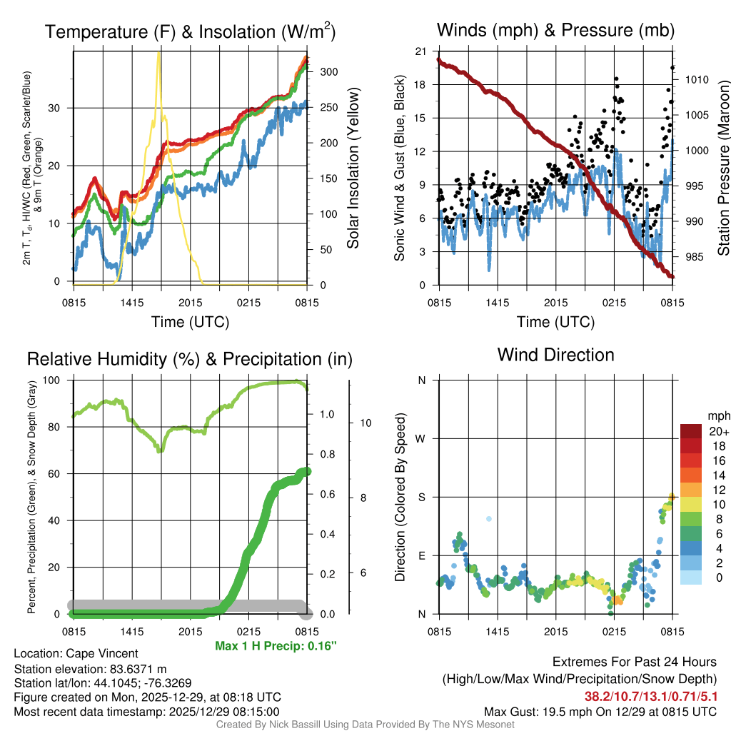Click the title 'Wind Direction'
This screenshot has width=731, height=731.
[x=555, y=355]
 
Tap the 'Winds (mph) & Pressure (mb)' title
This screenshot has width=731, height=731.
[x=555, y=30]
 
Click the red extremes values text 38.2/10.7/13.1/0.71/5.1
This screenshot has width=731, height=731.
[x=650, y=695]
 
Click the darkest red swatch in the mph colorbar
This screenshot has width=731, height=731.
[x=691, y=431]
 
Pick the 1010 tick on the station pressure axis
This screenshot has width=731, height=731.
[x=696, y=80]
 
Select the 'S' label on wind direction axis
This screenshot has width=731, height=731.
[x=422, y=497]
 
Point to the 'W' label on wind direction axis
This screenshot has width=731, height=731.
[x=422, y=438]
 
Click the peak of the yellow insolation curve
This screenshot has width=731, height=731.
[x=158, y=54]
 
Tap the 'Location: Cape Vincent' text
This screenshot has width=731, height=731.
[x=76, y=653]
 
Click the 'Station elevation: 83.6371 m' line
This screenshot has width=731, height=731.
[x=90, y=668]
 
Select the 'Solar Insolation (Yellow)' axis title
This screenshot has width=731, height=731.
[x=352, y=168]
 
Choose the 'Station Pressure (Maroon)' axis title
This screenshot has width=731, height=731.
[x=722, y=168]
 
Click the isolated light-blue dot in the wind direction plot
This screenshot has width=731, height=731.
[x=488, y=519]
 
